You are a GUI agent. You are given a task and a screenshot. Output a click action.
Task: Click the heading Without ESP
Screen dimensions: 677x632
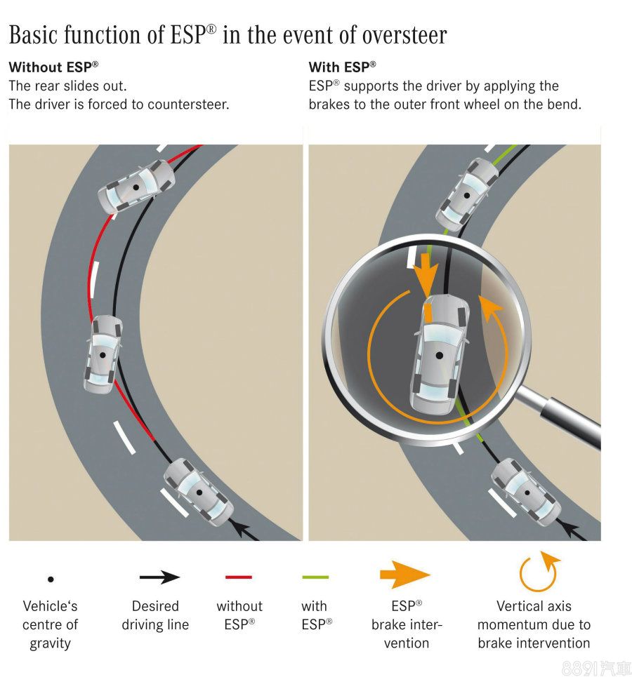53,68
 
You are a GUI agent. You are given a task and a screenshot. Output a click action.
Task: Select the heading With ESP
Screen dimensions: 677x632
342,68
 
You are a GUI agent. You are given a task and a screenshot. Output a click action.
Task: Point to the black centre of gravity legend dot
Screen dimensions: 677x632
51,579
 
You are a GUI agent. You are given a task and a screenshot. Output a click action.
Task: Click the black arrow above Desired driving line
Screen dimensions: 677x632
159,577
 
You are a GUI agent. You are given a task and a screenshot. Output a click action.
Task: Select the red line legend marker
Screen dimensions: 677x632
239,577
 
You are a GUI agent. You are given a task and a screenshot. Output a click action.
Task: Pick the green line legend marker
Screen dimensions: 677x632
315,577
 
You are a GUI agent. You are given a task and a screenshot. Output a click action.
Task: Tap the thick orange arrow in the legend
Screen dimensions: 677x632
404,575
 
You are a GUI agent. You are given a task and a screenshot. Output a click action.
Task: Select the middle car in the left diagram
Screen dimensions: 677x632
103,354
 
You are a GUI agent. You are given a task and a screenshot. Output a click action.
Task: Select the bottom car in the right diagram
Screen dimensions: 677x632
525,490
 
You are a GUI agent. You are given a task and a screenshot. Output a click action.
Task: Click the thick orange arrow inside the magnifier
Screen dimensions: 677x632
426,276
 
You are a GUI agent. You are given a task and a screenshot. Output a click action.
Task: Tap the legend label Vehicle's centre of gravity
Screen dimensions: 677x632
50,624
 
